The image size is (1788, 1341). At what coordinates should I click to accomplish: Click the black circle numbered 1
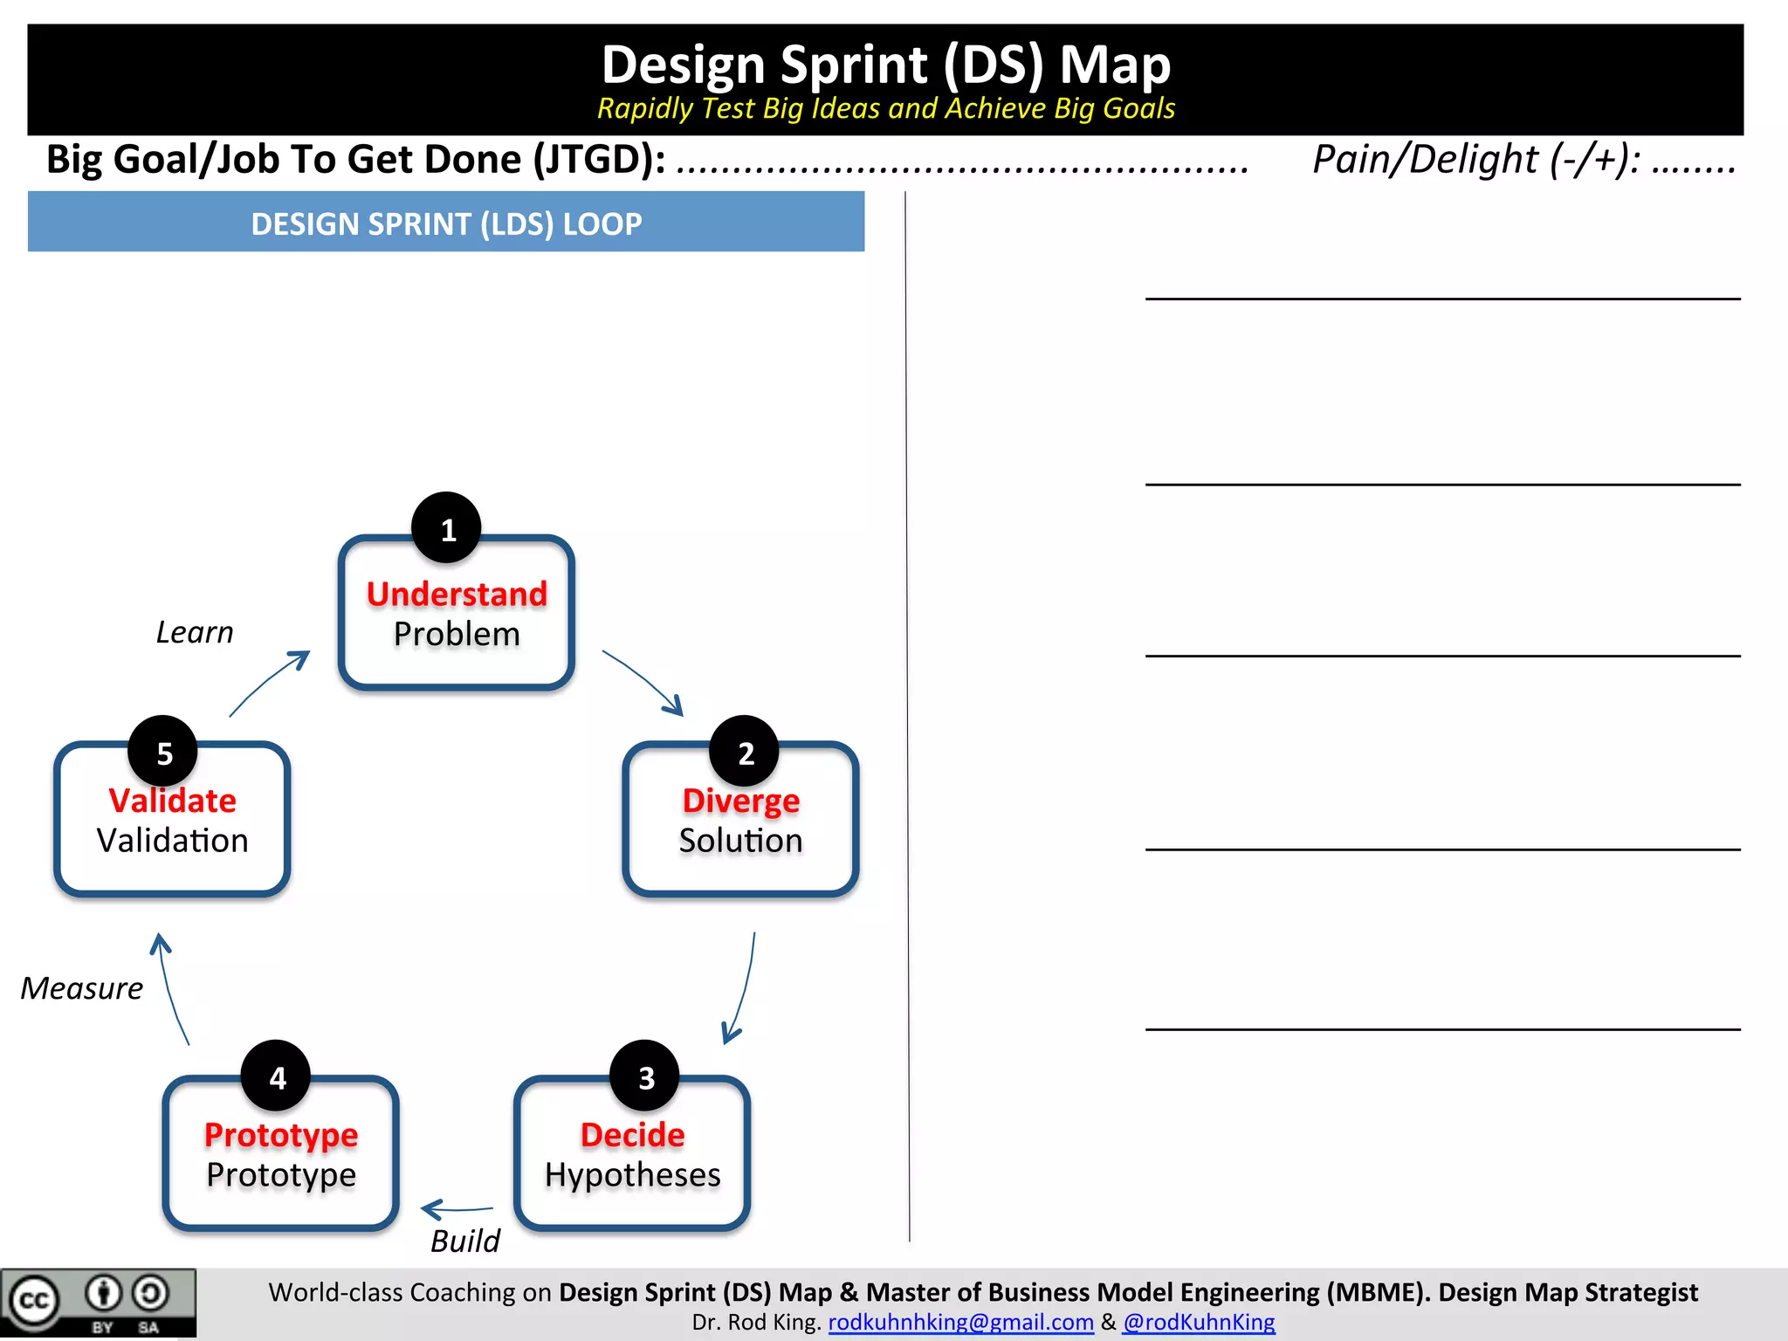point(446,528)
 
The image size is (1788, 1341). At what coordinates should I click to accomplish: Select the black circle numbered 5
point(163,752)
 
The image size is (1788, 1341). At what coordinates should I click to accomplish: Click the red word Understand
point(457,595)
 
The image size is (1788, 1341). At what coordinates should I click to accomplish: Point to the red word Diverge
point(740,801)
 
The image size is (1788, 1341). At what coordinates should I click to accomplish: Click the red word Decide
point(632,1135)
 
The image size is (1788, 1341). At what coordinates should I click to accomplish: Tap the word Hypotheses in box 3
point(632,1175)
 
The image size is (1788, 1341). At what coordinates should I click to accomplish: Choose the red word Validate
point(172,801)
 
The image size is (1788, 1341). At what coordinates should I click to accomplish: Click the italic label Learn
point(195,632)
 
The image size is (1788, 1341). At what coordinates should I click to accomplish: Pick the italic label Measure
point(81,988)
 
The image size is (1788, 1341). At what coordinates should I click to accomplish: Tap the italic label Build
point(464,1241)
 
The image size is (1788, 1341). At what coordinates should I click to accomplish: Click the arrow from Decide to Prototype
point(457,1209)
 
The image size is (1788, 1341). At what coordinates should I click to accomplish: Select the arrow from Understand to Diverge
point(643,682)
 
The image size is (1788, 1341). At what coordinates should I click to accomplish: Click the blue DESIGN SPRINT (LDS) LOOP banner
point(446,223)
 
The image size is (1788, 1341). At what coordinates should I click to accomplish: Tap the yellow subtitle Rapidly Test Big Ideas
point(885,108)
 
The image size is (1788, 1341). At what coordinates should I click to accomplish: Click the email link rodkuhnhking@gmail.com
point(960,1322)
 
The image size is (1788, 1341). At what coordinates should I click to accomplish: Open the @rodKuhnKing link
point(1199,1322)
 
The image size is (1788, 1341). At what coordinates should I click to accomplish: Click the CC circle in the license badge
point(34,1301)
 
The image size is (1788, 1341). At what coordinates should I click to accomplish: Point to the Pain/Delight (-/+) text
point(1475,160)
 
